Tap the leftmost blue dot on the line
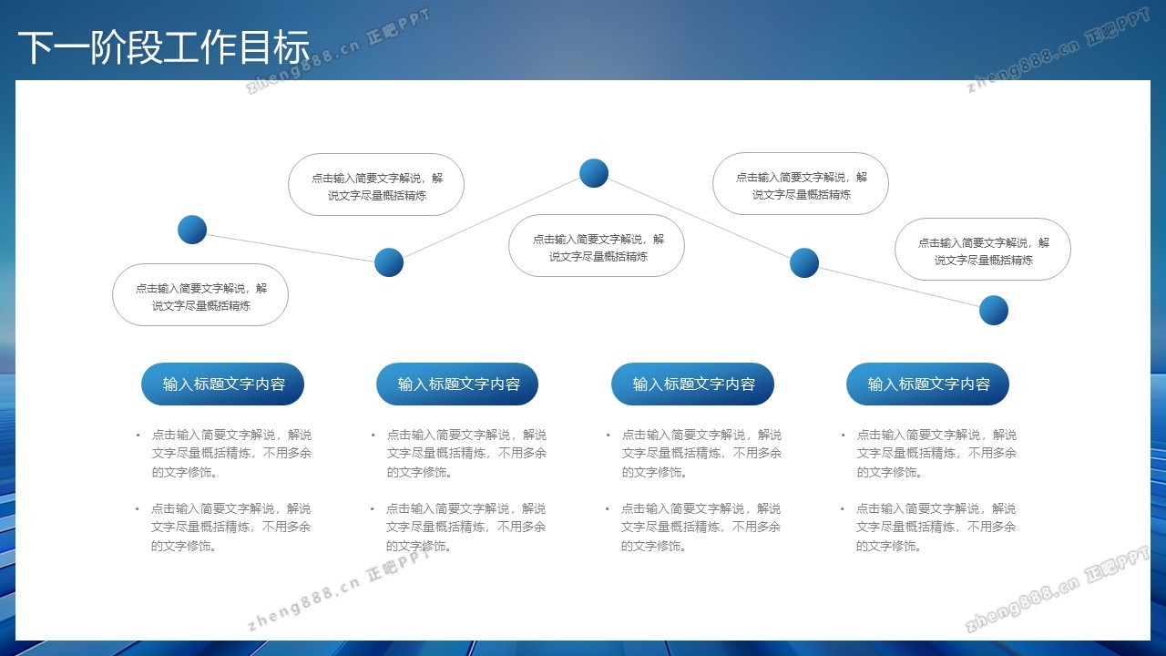[192, 230]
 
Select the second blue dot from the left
[389, 262]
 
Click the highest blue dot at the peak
[594, 173]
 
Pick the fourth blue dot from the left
[804, 262]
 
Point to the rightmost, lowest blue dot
[994, 311]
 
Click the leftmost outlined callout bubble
[200, 295]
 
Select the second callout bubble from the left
[376, 184]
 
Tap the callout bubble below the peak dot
[597, 246]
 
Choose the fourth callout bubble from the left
[801, 184]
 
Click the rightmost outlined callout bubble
[983, 250]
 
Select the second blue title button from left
[457, 384]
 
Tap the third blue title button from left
[693, 384]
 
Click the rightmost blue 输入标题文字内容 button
[928, 384]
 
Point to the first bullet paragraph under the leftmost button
[224, 453]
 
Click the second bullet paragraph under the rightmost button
[928, 527]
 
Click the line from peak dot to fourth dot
[699, 218]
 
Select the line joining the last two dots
[899, 287]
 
